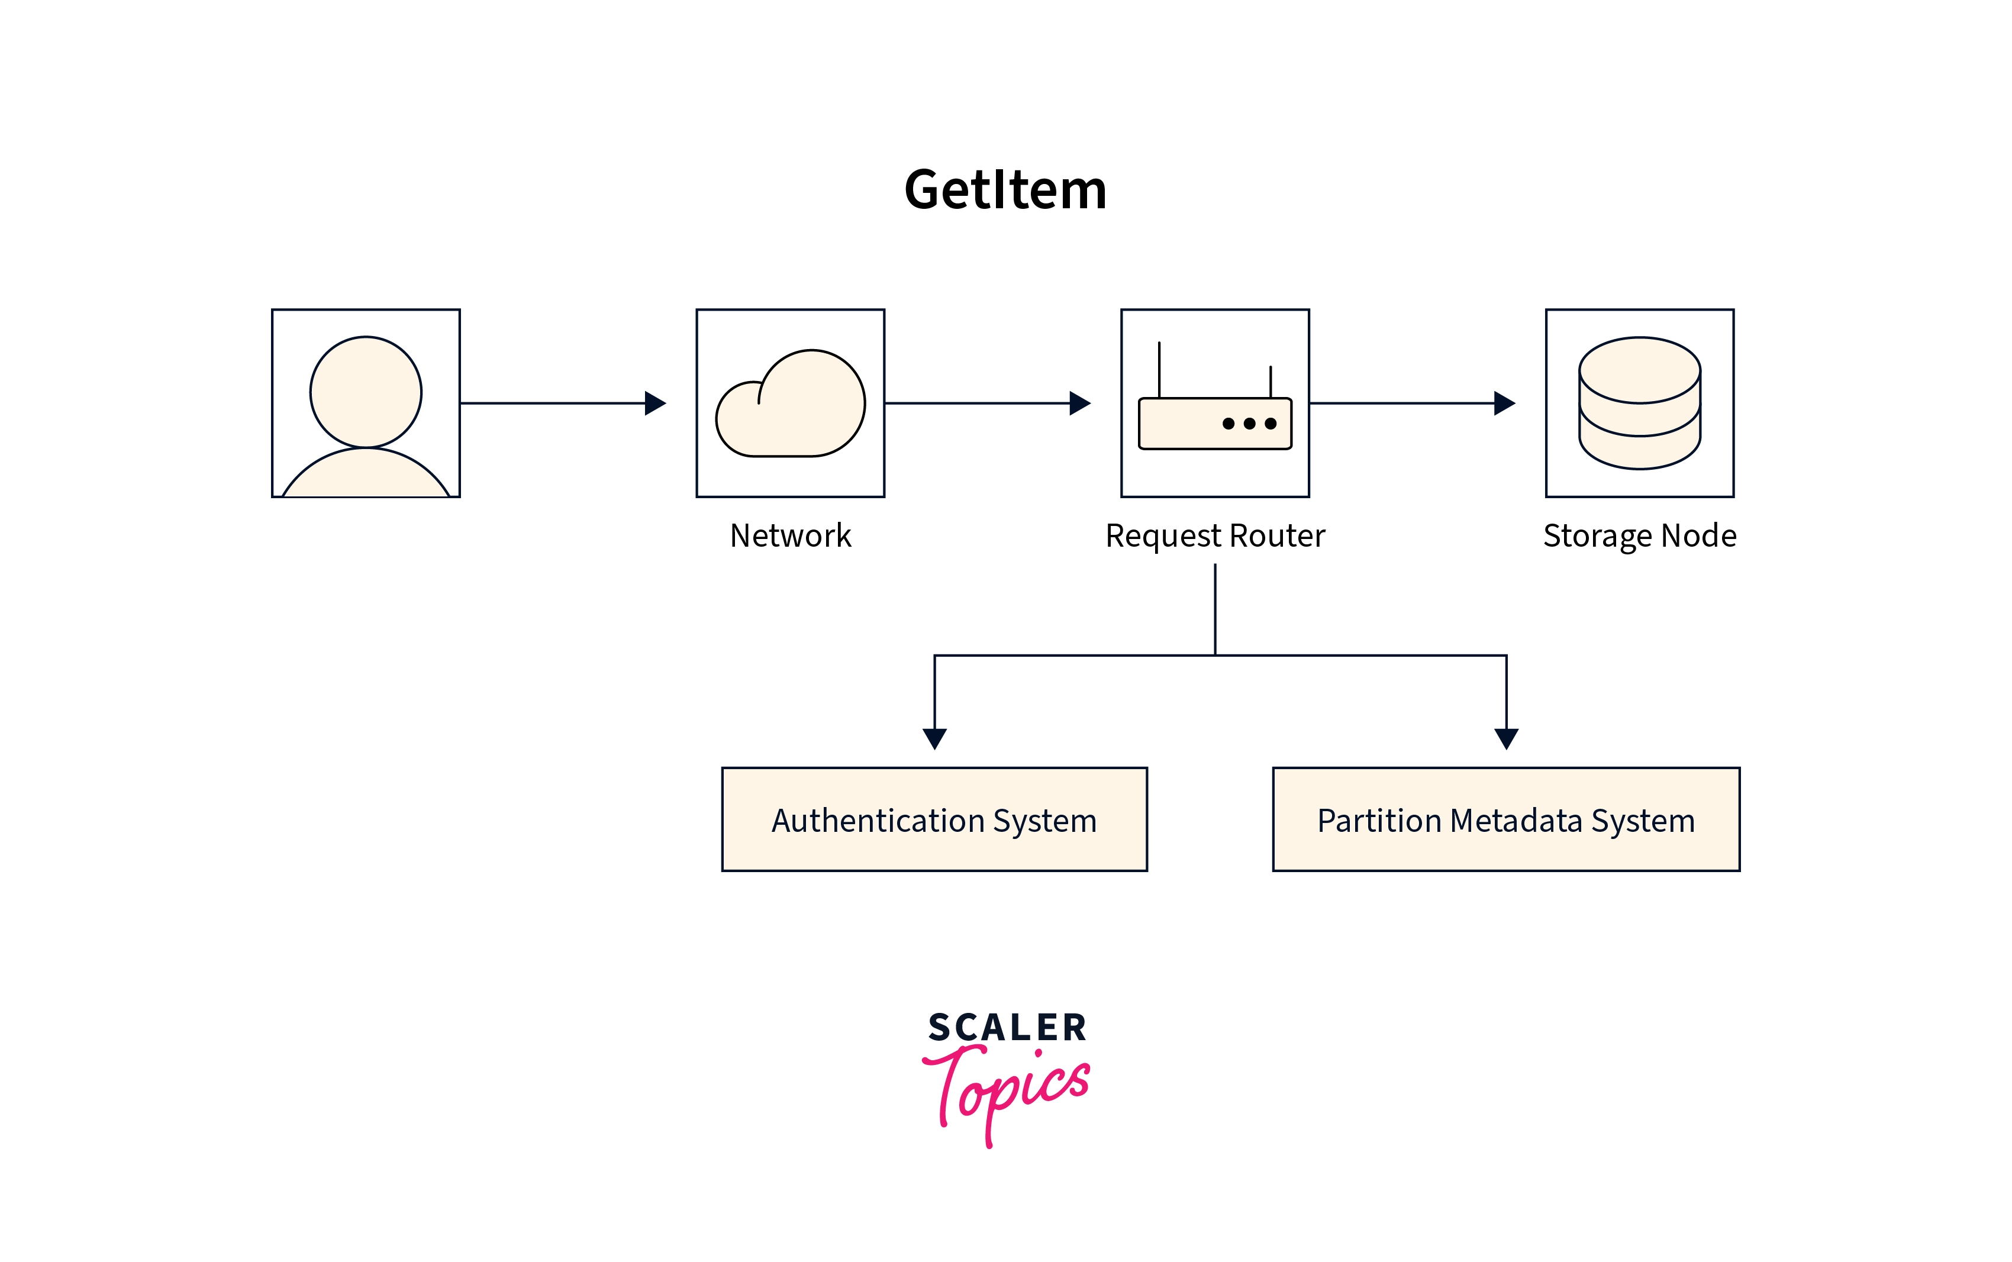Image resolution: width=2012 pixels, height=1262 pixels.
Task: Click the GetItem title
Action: coord(1005,189)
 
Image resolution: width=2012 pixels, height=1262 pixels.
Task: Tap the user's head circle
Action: coord(366,392)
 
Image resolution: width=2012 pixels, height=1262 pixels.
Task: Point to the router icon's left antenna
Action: coord(1159,369)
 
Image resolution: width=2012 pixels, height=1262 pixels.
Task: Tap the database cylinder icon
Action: coord(1639,403)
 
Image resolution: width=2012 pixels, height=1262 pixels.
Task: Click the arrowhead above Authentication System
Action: coord(934,738)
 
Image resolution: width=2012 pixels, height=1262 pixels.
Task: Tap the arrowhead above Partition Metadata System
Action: coord(1506,738)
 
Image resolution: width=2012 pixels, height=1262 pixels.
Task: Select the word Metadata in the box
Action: coord(1516,821)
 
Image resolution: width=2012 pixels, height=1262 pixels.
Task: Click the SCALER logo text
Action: coord(1007,1028)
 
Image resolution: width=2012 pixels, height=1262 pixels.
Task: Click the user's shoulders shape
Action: coord(366,476)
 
